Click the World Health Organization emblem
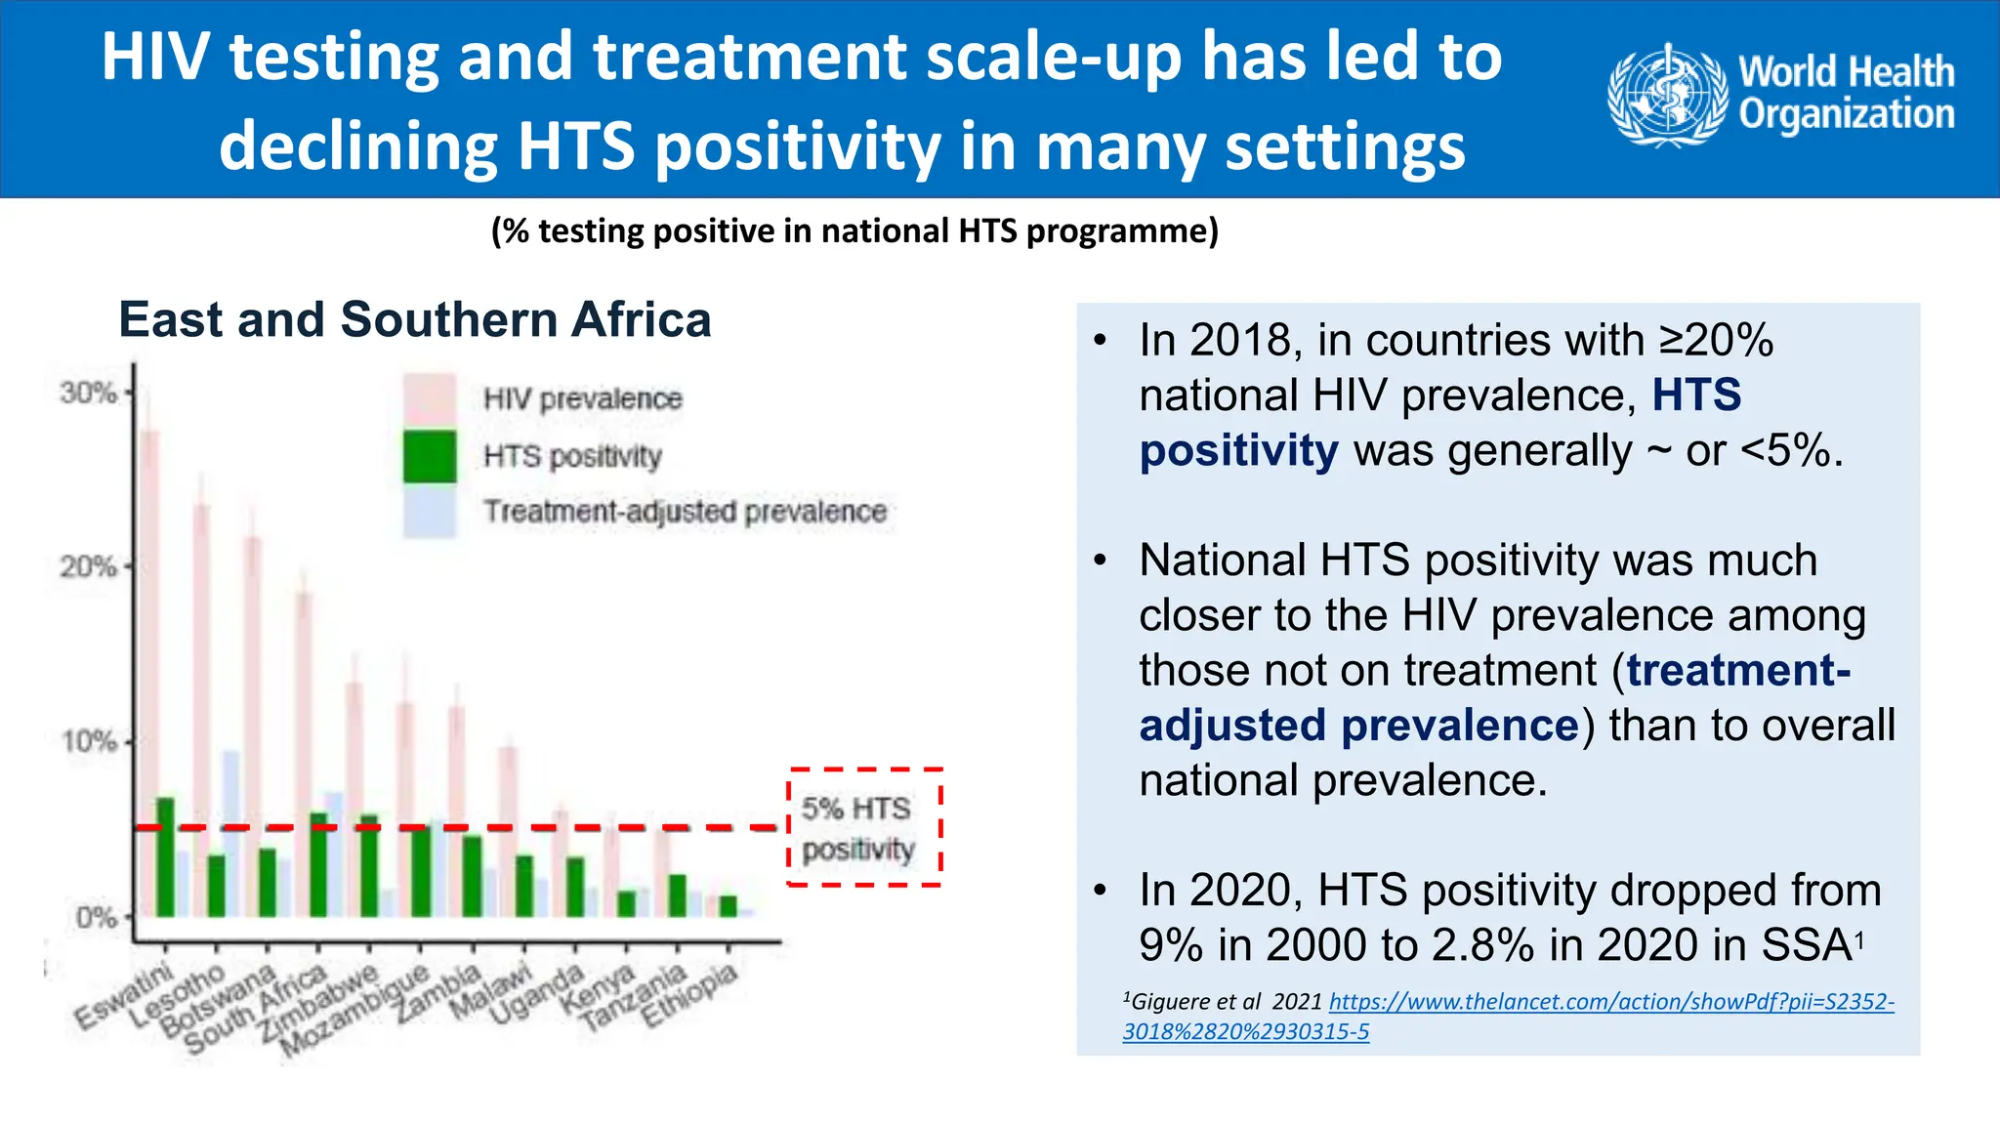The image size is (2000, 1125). click(1667, 96)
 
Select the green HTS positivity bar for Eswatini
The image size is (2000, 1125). click(165, 857)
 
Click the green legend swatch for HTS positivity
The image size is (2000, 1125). click(430, 456)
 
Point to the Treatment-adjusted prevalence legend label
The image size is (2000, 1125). click(685, 512)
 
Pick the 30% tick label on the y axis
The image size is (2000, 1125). click(87, 393)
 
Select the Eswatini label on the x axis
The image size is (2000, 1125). click(125, 996)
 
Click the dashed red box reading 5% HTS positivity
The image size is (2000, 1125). click(863, 828)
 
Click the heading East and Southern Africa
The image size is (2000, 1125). click(415, 320)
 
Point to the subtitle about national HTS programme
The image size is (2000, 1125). click(854, 231)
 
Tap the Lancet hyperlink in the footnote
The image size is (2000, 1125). click(1610, 1002)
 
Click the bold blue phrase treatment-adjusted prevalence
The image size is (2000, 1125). click(1358, 726)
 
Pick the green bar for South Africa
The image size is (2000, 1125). click(318, 864)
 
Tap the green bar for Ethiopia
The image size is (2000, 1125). click(728, 906)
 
